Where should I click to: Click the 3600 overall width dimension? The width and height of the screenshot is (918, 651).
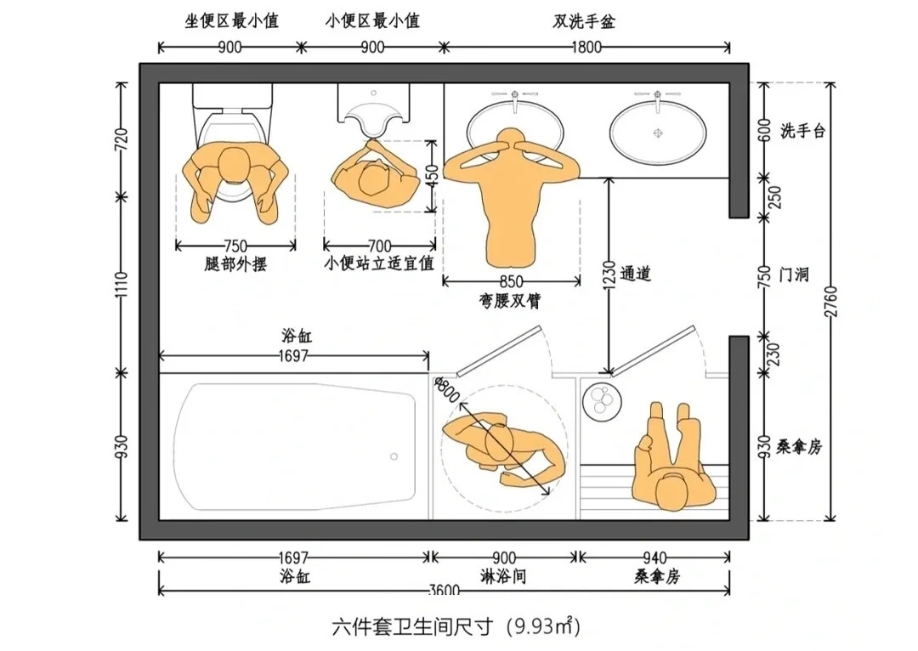[444, 590]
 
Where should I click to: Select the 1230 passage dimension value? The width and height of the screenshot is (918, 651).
[609, 275]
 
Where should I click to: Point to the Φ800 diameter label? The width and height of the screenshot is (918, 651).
[447, 389]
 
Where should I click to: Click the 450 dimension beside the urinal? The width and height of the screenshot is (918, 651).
[432, 176]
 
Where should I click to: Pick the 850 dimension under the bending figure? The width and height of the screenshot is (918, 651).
[511, 281]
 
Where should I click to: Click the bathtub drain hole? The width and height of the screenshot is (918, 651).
[394, 456]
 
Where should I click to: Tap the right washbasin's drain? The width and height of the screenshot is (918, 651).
[657, 133]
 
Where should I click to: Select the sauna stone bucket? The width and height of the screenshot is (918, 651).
[602, 401]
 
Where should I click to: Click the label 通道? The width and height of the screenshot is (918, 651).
[635, 274]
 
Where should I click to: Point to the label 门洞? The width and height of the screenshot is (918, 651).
[794, 274]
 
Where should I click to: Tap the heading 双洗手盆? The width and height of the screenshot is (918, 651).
[584, 21]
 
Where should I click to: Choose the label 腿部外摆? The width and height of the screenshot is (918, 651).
[235, 264]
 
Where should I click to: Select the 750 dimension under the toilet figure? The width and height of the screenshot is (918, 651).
[235, 246]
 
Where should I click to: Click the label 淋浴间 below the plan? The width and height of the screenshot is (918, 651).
[503, 577]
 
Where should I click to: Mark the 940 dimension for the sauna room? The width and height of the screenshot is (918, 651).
[654, 558]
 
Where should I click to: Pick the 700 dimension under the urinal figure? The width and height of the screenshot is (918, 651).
[379, 246]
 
